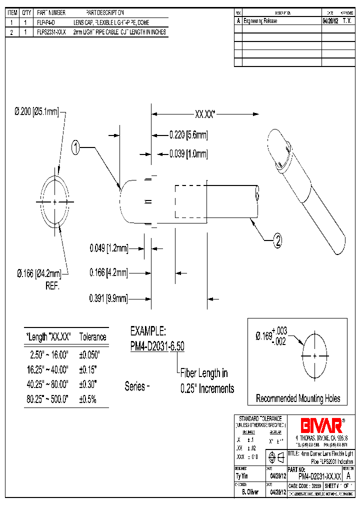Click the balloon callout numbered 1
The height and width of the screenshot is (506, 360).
76,147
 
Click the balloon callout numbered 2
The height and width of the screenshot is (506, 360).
278,241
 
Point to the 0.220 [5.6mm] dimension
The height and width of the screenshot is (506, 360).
188,134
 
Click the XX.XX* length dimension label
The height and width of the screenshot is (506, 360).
204,114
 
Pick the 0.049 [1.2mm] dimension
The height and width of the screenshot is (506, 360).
108,247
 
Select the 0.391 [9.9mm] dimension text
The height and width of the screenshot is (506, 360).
108,298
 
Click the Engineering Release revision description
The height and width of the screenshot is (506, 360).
260,21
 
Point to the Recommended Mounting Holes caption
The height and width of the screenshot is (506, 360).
298,398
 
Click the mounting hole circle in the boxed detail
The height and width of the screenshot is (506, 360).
314,356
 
